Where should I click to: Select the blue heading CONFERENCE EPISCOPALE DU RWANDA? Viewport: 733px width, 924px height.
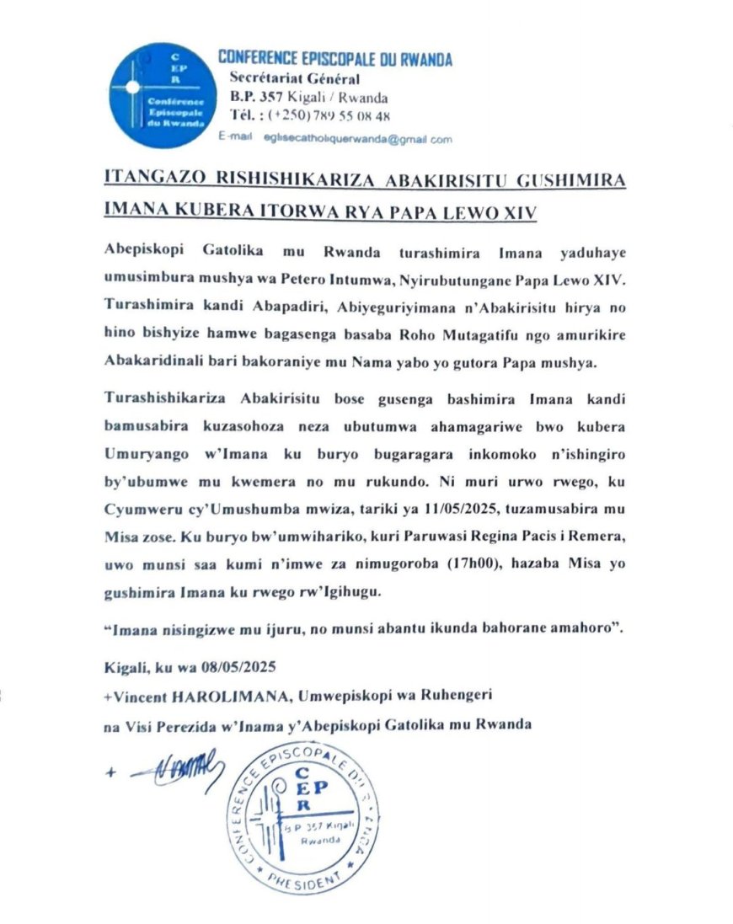click(x=335, y=59)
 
